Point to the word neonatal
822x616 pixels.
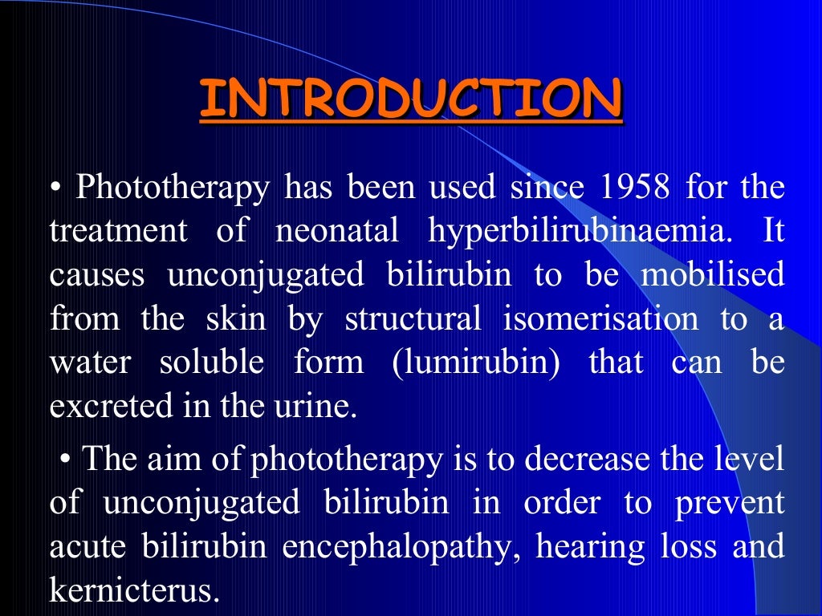click(337, 233)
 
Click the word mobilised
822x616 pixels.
click(713, 275)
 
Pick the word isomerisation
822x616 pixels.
click(600, 319)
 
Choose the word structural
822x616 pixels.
click(413, 319)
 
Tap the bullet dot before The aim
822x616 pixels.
click(66, 460)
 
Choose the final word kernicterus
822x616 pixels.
click(134, 591)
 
